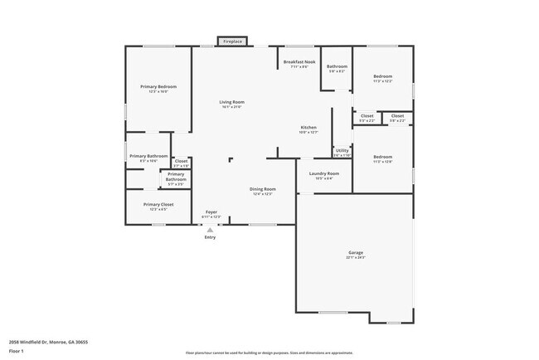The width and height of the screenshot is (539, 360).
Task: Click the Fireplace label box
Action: click(x=233, y=41)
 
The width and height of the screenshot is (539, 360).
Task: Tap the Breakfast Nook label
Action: click(x=299, y=61)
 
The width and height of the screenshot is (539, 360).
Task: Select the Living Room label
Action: click(x=232, y=102)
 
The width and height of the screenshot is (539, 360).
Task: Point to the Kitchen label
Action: click(x=308, y=127)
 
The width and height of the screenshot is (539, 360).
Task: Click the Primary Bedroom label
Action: click(x=158, y=86)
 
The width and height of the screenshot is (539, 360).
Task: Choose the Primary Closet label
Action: click(x=158, y=204)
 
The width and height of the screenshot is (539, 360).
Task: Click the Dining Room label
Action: click(x=262, y=189)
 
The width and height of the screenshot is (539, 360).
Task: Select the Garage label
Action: click(x=355, y=252)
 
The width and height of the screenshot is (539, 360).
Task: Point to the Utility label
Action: click(x=342, y=150)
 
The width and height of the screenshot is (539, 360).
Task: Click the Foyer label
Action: click(x=211, y=212)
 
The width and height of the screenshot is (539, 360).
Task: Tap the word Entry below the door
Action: click(x=211, y=237)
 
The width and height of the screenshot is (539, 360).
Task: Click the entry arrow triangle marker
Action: click(x=211, y=229)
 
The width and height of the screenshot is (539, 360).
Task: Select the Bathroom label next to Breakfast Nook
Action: click(x=337, y=66)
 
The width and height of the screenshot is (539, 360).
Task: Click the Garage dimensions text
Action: click(x=355, y=258)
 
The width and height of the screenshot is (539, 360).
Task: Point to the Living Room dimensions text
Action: click(x=232, y=108)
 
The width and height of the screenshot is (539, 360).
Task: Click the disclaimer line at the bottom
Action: click(x=269, y=353)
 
